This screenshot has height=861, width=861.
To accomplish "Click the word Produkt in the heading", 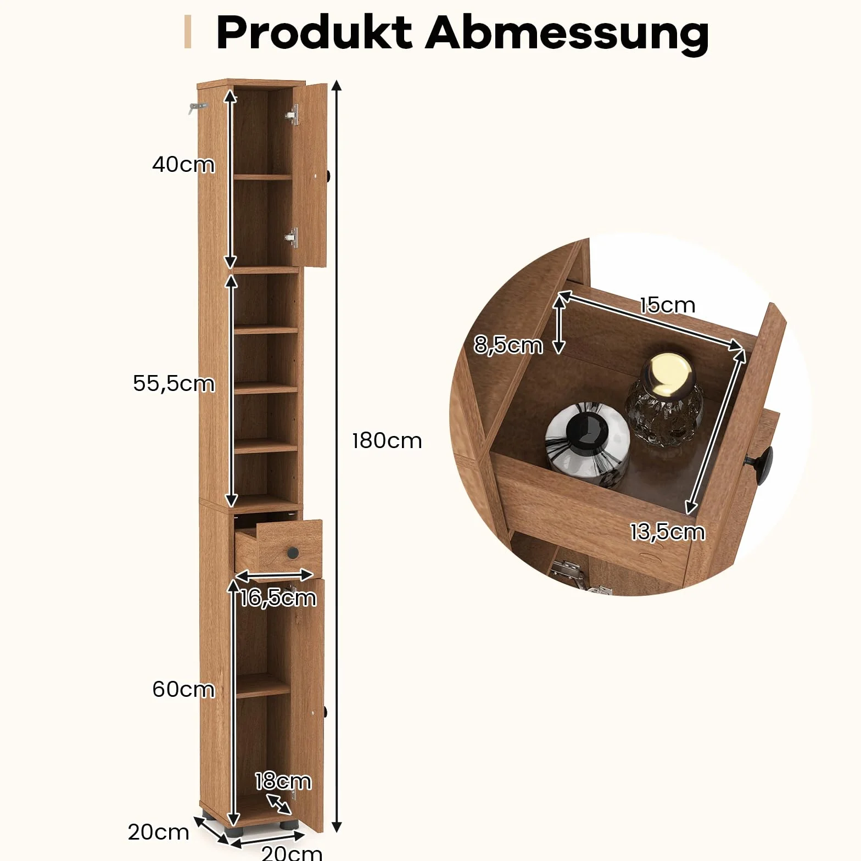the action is (x=314, y=32).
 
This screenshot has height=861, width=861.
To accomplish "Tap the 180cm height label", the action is (x=387, y=440).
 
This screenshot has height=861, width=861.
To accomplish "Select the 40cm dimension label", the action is (x=183, y=164).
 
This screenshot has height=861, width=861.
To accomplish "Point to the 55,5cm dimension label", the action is (x=174, y=383).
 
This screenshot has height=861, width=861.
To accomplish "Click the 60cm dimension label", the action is (x=183, y=689).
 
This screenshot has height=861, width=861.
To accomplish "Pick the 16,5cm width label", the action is (x=278, y=597).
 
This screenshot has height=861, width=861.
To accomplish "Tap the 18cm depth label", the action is (x=283, y=781).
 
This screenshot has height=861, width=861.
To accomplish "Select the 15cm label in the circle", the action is (x=667, y=305).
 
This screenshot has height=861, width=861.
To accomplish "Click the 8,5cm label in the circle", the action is (x=508, y=345).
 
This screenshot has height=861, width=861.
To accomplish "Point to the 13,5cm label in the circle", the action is (x=667, y=532).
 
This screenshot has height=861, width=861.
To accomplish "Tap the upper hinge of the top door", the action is (x=293, y=115).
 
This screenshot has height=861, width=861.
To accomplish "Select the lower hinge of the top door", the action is (x=292, y=237).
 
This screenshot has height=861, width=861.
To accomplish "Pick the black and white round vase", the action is (x=587, y=445).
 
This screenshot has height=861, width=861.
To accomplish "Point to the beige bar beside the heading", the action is (x=188, y=32).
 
